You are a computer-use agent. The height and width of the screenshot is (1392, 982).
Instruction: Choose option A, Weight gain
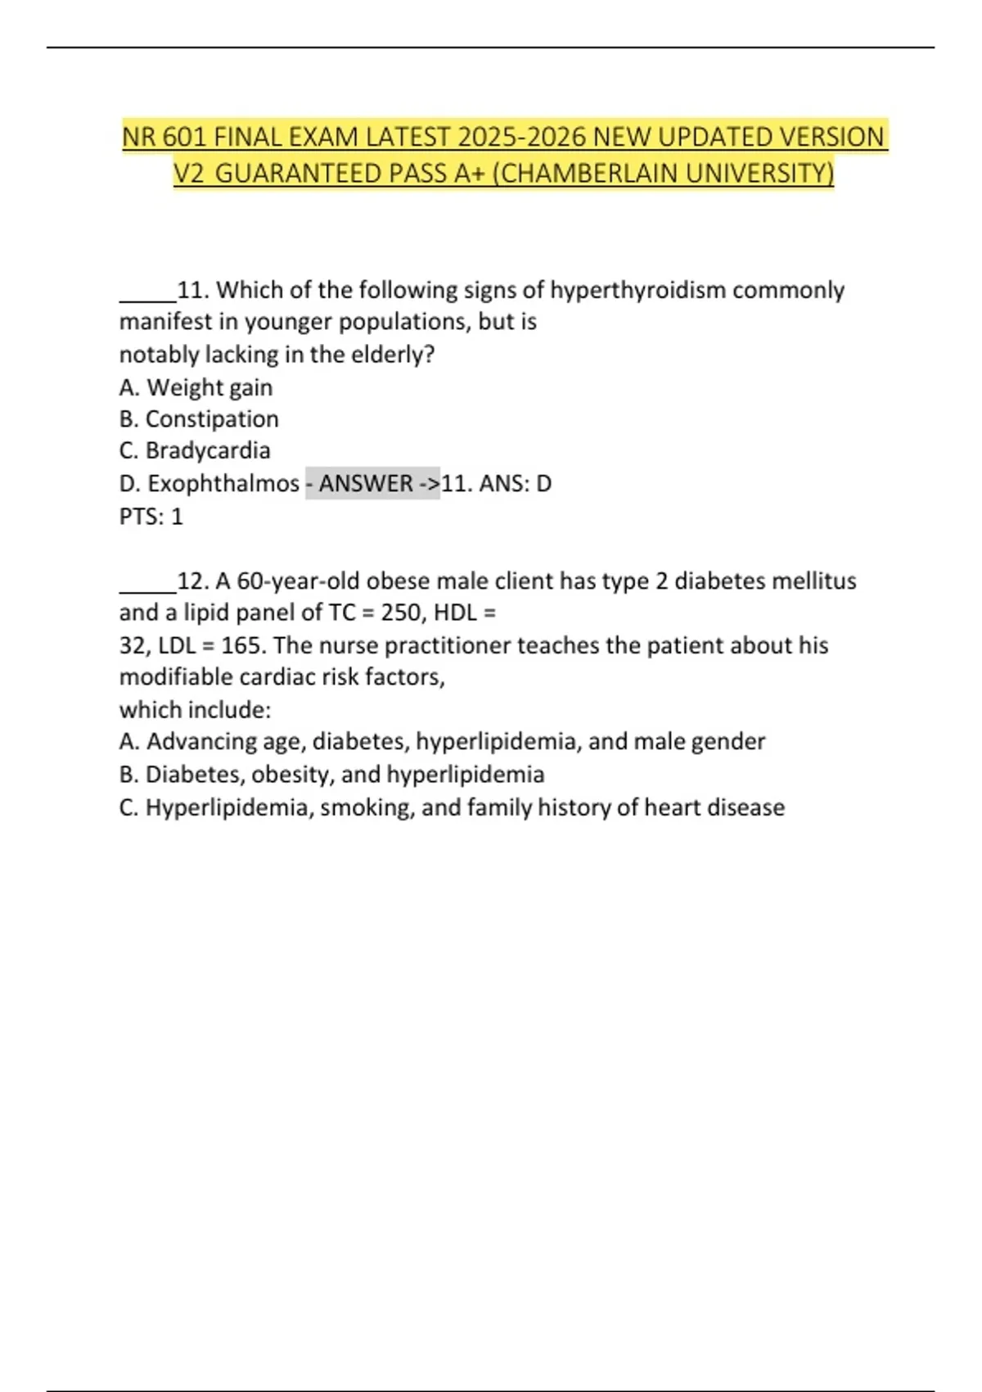(196, 387)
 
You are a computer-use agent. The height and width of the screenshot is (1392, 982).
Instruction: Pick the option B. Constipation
(199, 419)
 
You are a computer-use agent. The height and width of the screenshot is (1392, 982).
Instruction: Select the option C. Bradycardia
(195, 450)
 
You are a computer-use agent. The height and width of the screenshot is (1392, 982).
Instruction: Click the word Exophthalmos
(223, 483)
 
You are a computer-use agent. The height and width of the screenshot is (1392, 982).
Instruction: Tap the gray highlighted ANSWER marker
(372, 483)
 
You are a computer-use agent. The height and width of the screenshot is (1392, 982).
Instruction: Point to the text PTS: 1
(151, 517)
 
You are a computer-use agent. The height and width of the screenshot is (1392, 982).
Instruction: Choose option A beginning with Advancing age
(442, 742)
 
